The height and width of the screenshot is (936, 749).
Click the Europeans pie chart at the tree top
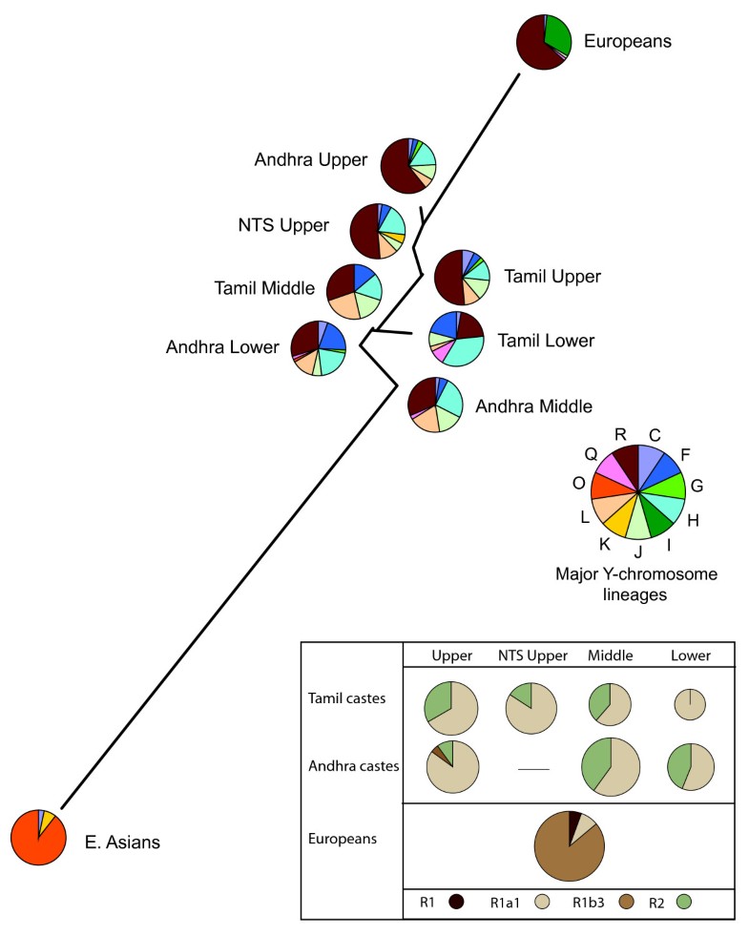click(x=544, y=42)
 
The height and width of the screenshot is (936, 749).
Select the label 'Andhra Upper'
click(x=310, y=160)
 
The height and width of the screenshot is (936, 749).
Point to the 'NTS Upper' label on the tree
click(x=283, y=226)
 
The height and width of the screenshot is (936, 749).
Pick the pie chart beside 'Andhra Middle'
click(x=436, y=405)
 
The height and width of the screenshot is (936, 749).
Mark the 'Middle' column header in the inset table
click(x=610, y=656)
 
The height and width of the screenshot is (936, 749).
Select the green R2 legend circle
click(x=683, y=901)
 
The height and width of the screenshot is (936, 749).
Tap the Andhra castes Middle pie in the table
click(x=611, y=767)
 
